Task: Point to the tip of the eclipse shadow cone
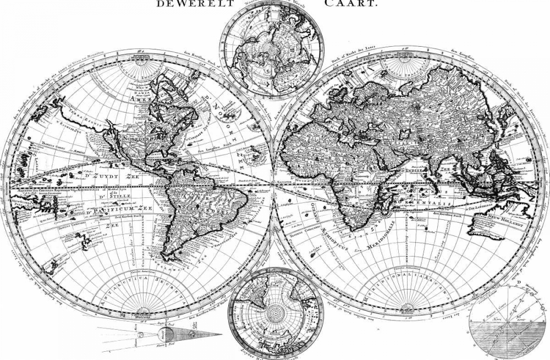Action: (x=221, y=335)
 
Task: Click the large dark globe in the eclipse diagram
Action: (x=166, y=333)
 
